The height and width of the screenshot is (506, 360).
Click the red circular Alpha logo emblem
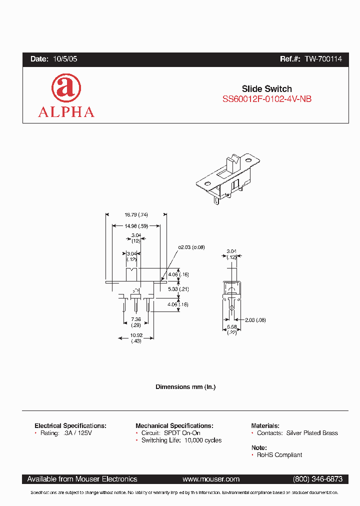[x=66, y=88]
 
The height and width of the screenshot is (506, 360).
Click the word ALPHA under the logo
[x=66, y=112]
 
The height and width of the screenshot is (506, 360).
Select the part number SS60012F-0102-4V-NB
[x=267, y=99]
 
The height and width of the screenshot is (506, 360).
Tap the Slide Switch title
[x=267, y=88]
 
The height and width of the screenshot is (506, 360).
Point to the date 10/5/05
[x=65, y=59]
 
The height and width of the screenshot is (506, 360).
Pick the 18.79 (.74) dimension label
[x=136, y=214]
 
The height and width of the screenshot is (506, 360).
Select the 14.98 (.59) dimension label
[x=136, y=225]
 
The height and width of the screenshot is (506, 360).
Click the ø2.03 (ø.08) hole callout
[x=191, y=247]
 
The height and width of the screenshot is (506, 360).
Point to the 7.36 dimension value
[x=136, y=319]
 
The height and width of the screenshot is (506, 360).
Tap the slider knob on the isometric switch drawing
[x=233, y=162]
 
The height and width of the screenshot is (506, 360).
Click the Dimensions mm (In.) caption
[x=185, y=387]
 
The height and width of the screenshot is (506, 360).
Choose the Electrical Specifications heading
[x=70, y=425]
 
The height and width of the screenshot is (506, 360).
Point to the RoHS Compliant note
[x=279, y=455]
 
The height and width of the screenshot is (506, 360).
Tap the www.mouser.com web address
[x=211, y=479]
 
